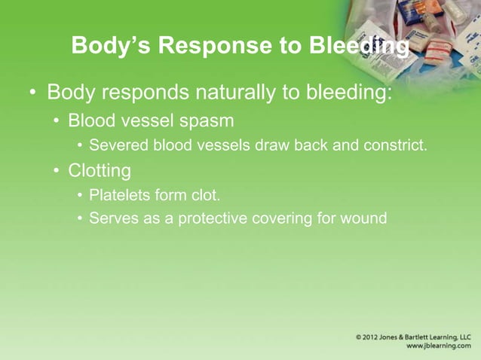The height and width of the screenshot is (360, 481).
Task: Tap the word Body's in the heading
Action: pyautogui.click(x=104, y=47)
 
